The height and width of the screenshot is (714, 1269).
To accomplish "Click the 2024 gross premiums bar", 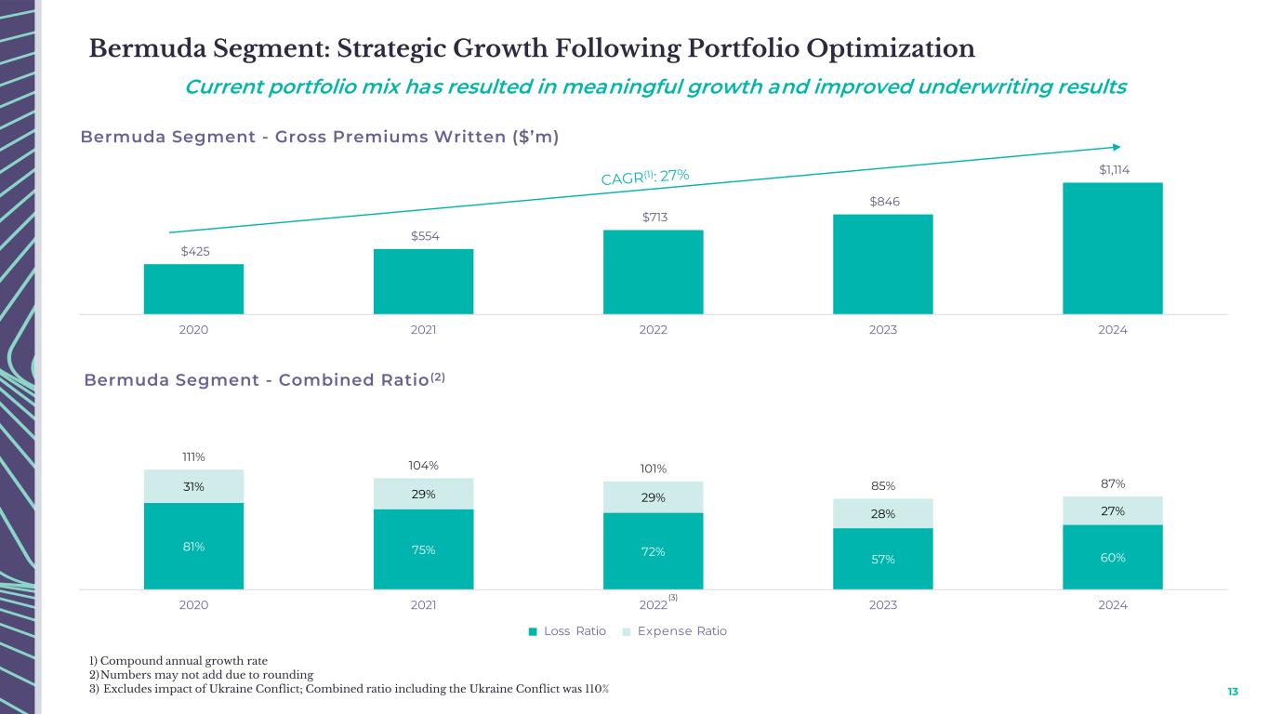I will click(x=1112, y=248).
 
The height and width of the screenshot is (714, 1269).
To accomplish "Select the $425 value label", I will click(x=194, y=251).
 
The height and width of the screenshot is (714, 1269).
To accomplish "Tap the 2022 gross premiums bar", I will click(x=653, y=271).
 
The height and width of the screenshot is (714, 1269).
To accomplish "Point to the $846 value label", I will click(x=882, y=202).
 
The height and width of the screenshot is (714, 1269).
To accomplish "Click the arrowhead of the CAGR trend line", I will click(x=1117, y=146).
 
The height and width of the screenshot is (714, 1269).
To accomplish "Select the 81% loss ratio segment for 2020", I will click(x=193, y=547).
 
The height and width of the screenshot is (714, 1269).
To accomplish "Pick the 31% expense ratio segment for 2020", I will click(x=193, y=486).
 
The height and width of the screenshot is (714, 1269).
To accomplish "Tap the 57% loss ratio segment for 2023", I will click(x=882, y=559).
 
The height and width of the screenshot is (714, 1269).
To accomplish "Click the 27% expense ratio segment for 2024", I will click(x=1112, y=510).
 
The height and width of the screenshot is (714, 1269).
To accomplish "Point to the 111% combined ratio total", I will click(x=193, y=456).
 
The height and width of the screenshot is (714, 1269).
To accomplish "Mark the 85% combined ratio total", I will click(x=882, y=485).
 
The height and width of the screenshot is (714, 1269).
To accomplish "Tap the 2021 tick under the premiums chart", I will click(x=423, y=330).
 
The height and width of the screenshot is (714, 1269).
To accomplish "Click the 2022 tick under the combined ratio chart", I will click(x=653, y=605).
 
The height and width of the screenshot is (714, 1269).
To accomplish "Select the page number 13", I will click(x=1233, y=692).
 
